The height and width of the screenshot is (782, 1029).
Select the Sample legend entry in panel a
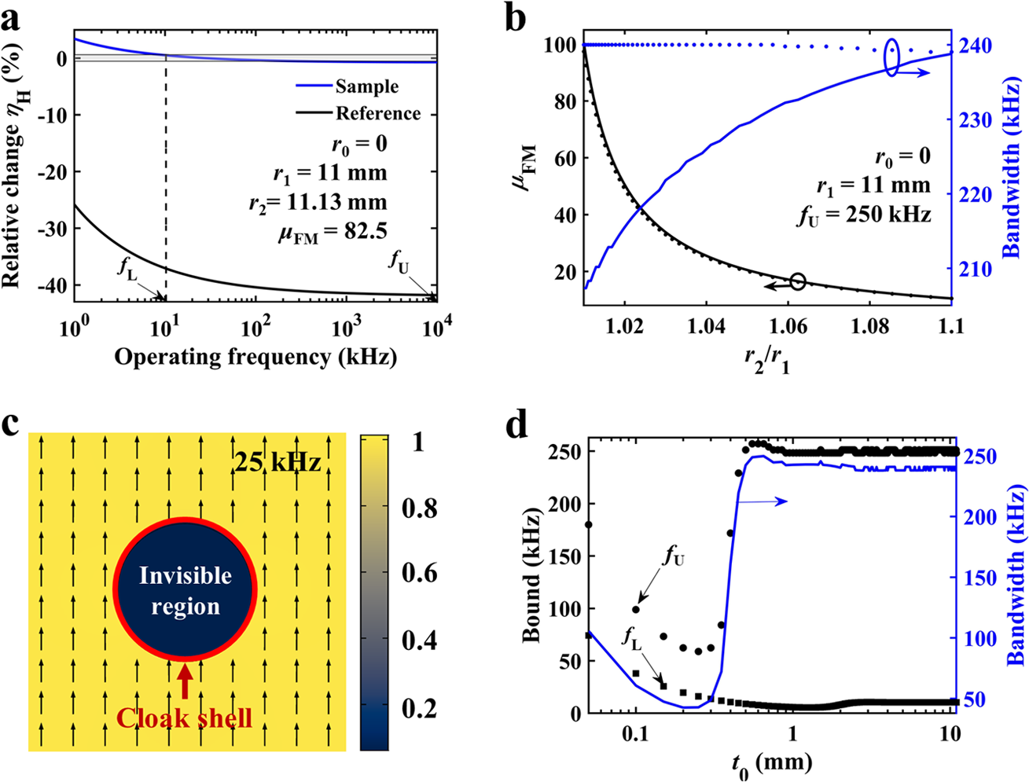[366, 86]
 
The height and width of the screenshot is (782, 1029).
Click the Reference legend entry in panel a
[377, 113]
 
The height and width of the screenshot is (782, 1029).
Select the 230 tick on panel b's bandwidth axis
[979, 120]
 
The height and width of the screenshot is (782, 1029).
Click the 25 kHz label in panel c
[277, 462]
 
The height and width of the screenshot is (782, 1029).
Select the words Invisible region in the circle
[186, 591]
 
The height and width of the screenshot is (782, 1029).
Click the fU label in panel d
[674, 557]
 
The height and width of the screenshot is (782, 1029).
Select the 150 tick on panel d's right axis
[980, 578]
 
